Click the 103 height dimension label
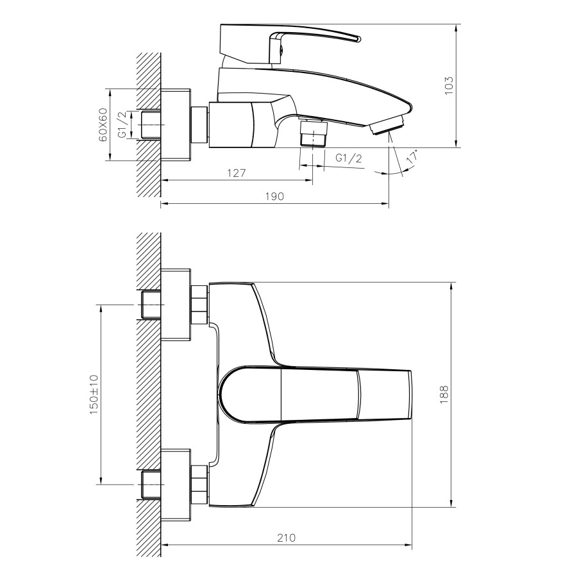[449, 86]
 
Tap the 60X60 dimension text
[103, 125]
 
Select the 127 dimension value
[236, 172]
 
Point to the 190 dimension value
[274, 196]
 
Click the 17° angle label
[412, 156]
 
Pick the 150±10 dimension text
[94, 394]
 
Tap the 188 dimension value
[444, 394]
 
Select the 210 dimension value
[286, 538]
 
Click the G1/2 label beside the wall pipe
[122, 124]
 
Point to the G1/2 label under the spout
[349, 158]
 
